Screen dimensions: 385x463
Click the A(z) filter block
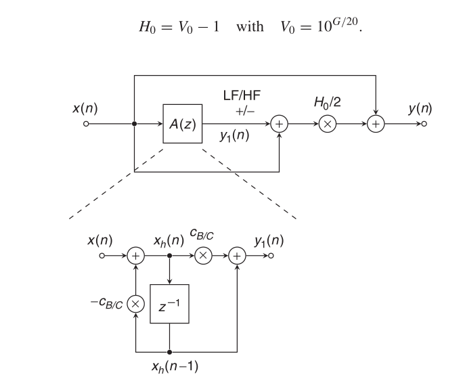(x=183, y=124)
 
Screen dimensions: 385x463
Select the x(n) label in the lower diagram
(x=101, y=241)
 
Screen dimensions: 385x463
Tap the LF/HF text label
(x=241, y=97)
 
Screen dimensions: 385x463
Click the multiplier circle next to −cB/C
(x=136, y=302)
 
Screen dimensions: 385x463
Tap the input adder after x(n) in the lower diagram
(x=136, y=256)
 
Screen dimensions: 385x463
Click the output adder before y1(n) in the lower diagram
(x=237, y=256)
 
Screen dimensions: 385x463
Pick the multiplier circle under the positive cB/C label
(x=202, y=256)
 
